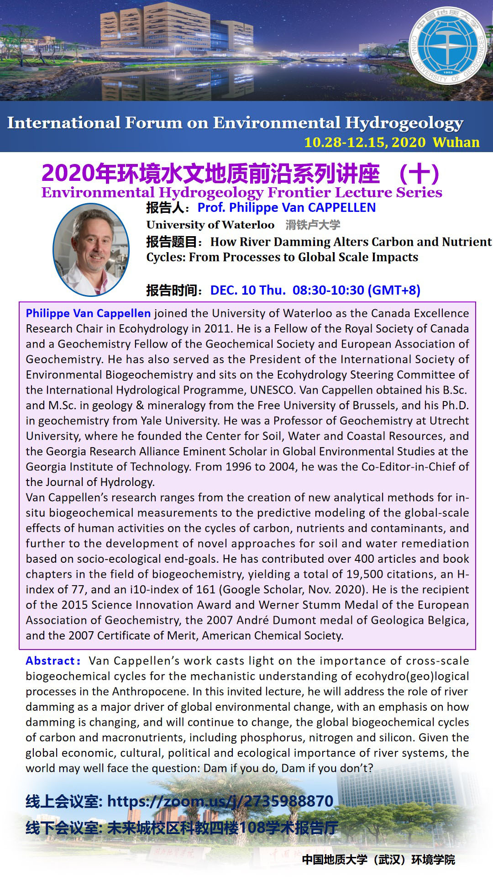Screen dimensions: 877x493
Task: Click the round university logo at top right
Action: (448, 46)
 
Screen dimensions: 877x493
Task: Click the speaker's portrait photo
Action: (91, 249)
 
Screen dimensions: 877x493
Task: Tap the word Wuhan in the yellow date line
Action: (456, 142)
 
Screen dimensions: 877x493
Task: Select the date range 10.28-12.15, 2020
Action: (365, 142)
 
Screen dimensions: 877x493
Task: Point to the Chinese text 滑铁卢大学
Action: (313, 225)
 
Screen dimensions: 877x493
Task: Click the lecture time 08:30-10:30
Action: (328, 290)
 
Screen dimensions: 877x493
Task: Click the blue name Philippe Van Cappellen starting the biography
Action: (88, 313)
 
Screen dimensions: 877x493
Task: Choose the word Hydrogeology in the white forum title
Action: (404, 123)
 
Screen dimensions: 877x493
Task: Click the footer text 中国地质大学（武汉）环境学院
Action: (378, 860)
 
